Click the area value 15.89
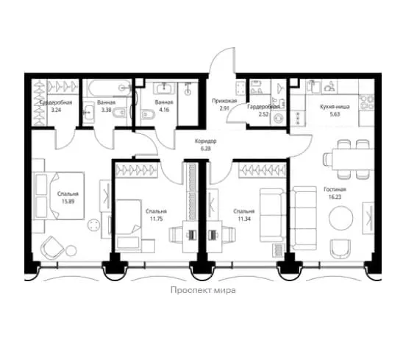click(68, 201)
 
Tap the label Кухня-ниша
click(335, 107)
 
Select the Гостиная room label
click(335, 190)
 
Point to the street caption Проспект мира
click(203, 290)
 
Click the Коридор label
click(206, 141)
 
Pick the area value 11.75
click(156, 219)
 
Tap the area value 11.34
click(244, 219)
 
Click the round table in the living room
click(341, 218)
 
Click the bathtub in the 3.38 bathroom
click(110, 88)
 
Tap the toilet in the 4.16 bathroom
click(148, 114)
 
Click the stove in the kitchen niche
click(366, 102)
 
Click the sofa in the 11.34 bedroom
click(272, 215)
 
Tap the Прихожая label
click(224, 101)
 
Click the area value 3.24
click(56, 110)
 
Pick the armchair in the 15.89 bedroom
click(52, 247)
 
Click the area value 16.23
click(335, 197)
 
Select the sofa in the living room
click(304, 219)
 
